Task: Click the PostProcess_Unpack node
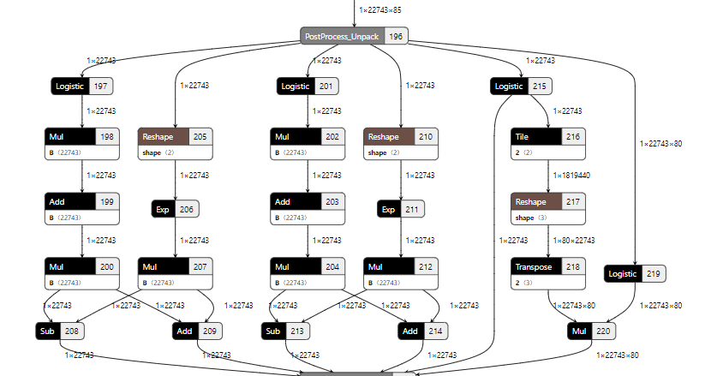(354, 36)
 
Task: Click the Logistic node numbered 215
(521, 86)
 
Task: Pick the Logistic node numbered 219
(635, 273)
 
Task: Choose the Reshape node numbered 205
(176, 136)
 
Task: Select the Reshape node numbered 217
(549, 201)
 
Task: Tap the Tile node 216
(549, 136)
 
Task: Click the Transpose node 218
(549, 266)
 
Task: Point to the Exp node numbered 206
(175, 208)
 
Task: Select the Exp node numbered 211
(401, 208)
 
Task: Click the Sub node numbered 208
(59, 331)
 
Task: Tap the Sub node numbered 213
(285, 331)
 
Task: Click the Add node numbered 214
(422, 331)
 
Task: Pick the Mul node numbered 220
(591, 331)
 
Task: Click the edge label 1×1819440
(575, 174)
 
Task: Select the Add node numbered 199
(81, 201)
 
